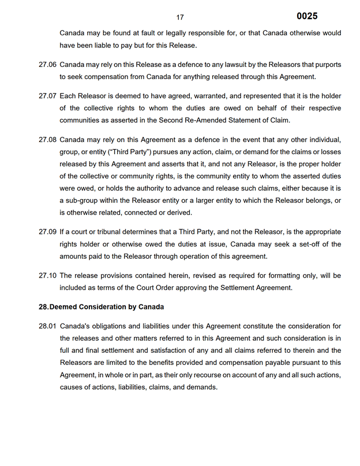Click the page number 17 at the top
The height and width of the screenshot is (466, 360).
click(180, 18)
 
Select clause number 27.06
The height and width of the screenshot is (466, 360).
click(47, 65)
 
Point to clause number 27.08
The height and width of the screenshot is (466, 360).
click(47, 140)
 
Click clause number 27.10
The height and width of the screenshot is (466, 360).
click(47, 275)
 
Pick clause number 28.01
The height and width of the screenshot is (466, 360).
click(47, 326)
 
